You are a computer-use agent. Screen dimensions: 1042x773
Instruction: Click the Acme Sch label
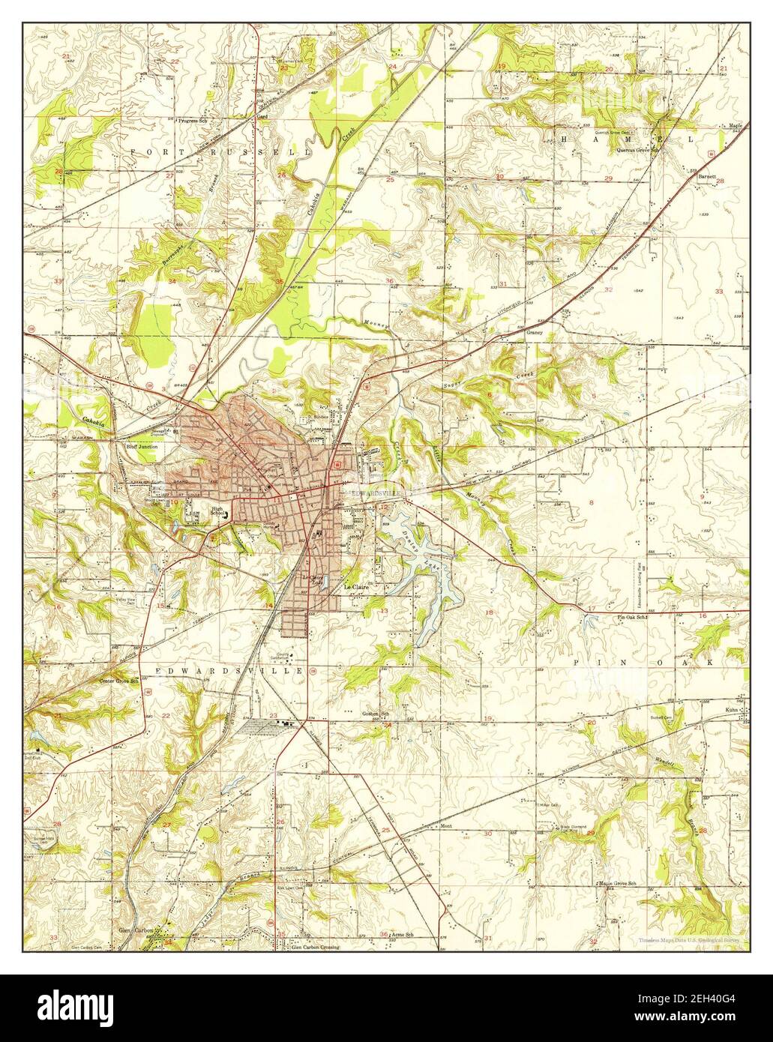coord(402,935)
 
